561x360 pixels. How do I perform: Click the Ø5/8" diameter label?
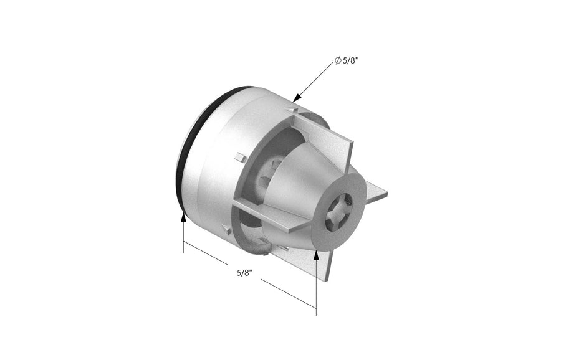[x=350, y=60]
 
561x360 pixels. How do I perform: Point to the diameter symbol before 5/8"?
[x=337, y=60]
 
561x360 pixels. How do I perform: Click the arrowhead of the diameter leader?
[x=297, y=98]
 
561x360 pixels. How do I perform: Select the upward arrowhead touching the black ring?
[x=183, y=217]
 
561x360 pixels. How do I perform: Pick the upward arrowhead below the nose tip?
[x=316, y=253]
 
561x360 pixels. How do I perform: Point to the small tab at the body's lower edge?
[x=228, y=230]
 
